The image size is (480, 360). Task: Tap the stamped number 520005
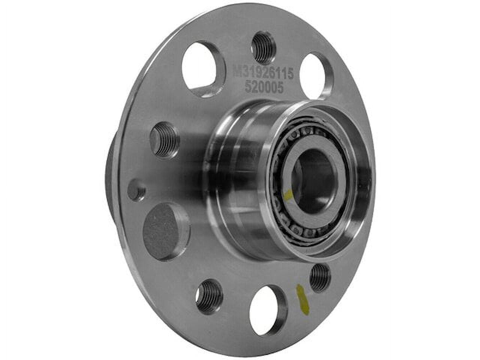[263, 87]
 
